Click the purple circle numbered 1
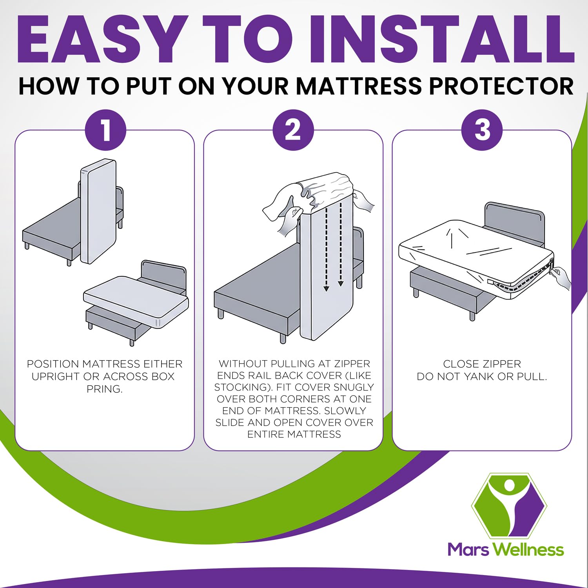(106, 130)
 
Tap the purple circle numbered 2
(293, 130)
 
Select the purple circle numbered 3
(482, 130)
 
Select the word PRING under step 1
(105, 389)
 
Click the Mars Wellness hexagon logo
(509, 505)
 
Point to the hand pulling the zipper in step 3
(561, 277)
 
